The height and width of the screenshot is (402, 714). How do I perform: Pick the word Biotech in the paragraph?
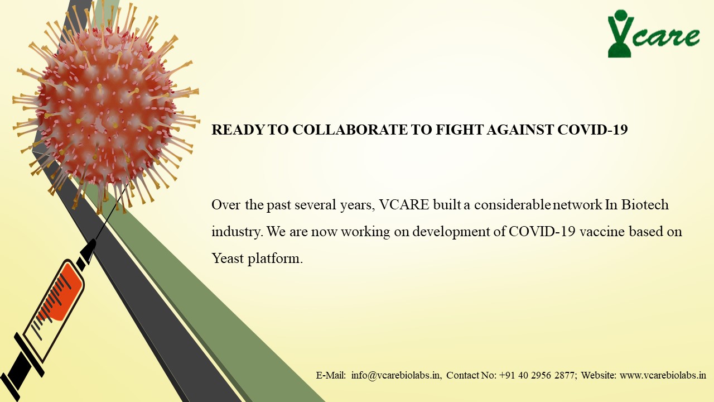645,205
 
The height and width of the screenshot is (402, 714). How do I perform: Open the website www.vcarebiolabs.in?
663,375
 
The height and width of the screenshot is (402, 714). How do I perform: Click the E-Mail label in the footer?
331,375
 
